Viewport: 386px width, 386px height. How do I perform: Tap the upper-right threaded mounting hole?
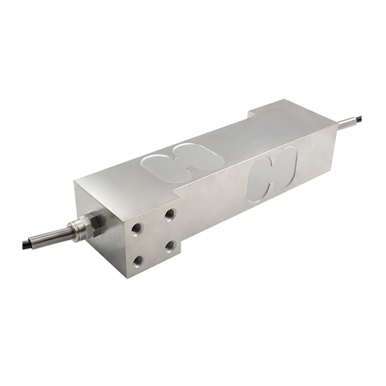[x=170, y=213]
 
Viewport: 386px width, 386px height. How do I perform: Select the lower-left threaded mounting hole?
[x=138, y=260]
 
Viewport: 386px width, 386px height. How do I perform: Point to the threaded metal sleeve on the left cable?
[x=70, y=230]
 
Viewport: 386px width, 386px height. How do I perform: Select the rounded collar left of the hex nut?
[x=83, y=226]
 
